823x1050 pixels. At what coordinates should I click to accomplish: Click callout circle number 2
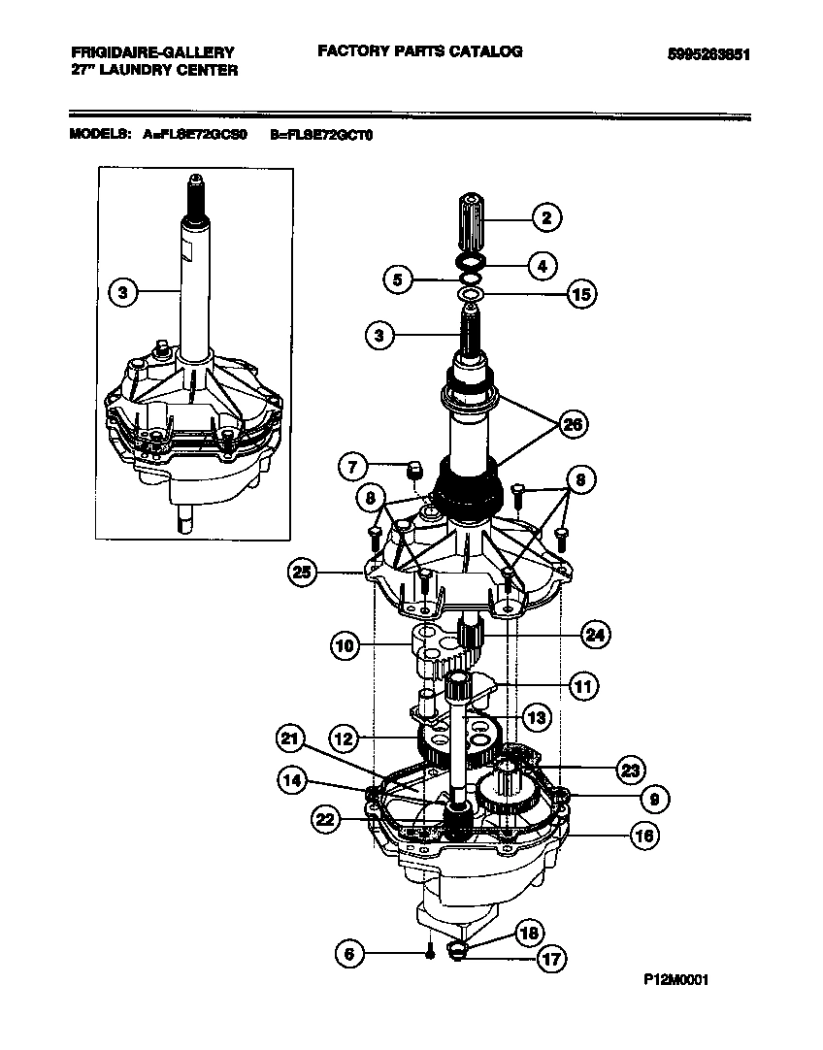click(546, 218)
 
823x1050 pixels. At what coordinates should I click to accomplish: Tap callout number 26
click(575, 424)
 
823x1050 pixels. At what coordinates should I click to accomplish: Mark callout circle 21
click(288, 739)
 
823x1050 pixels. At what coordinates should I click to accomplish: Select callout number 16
click(640, 835)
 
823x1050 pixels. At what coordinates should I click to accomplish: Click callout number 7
click(354, 467)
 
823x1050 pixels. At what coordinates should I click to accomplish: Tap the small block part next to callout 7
click(413, 471)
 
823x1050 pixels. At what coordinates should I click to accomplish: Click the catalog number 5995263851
click(709, 55)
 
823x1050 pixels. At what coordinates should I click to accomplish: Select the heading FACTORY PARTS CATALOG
click(419, 51)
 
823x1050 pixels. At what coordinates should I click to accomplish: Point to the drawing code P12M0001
click(676, 979)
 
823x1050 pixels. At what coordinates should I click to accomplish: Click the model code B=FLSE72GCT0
click(321, 135)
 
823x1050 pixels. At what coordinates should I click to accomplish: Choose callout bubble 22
click(328, 820)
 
